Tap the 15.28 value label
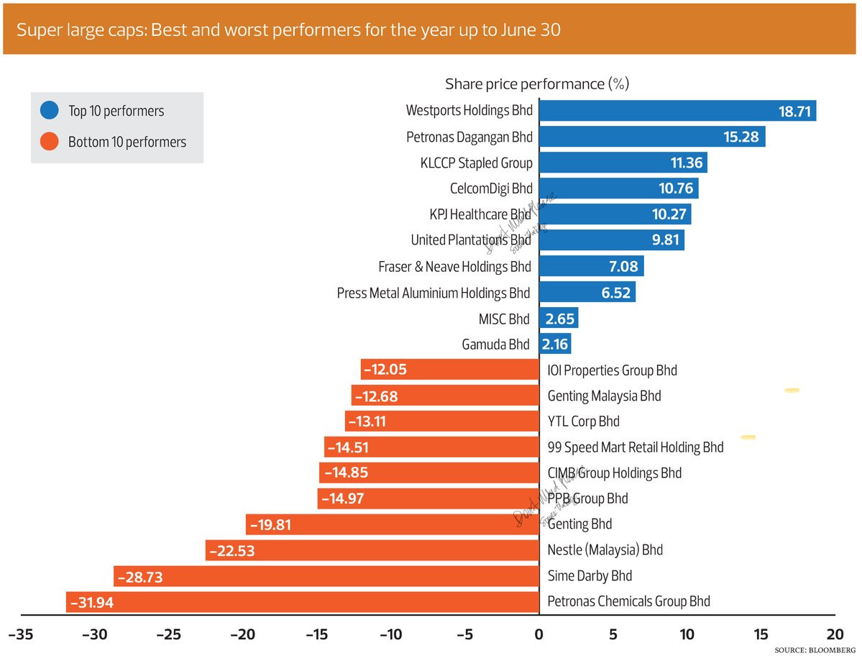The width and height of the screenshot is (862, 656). pos(741,137)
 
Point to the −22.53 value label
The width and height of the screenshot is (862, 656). pos(231,551)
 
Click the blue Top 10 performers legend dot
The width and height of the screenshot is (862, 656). pos(50,111)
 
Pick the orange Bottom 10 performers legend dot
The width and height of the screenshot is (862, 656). pos(50,142)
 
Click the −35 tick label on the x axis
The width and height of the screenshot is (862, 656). pos(19,635)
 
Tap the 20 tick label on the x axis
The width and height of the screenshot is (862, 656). pos(834,635)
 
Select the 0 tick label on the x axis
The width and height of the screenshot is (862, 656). pos(538,635)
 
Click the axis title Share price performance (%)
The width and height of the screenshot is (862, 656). pos(537,84)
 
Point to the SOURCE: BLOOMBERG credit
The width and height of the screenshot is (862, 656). pos(815,650)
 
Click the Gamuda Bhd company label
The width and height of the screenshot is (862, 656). pos(495,345)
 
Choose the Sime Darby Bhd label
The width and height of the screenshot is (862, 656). pos(590,576)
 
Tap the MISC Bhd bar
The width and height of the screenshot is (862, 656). pos(559,319)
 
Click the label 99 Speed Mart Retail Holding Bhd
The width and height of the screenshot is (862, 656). pos(636,447)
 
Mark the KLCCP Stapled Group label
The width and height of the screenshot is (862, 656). pos(477,163)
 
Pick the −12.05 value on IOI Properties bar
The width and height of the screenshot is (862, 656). pos(385,370)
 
